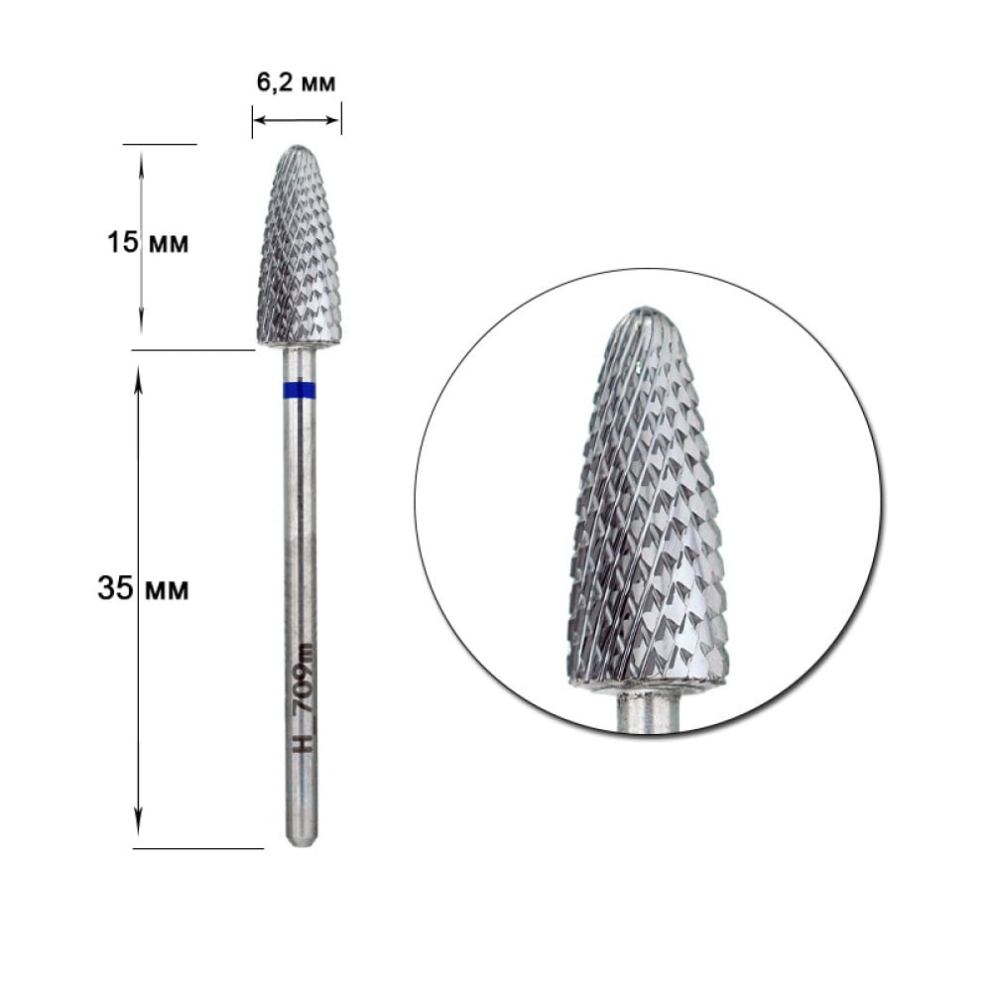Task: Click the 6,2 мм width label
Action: point(296,81)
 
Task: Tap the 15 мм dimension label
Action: point(148,242)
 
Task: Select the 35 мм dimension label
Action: point(143,588)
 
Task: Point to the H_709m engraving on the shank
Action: point(306,697)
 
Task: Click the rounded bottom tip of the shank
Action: point(302,844)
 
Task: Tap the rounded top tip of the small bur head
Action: point(298,148)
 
